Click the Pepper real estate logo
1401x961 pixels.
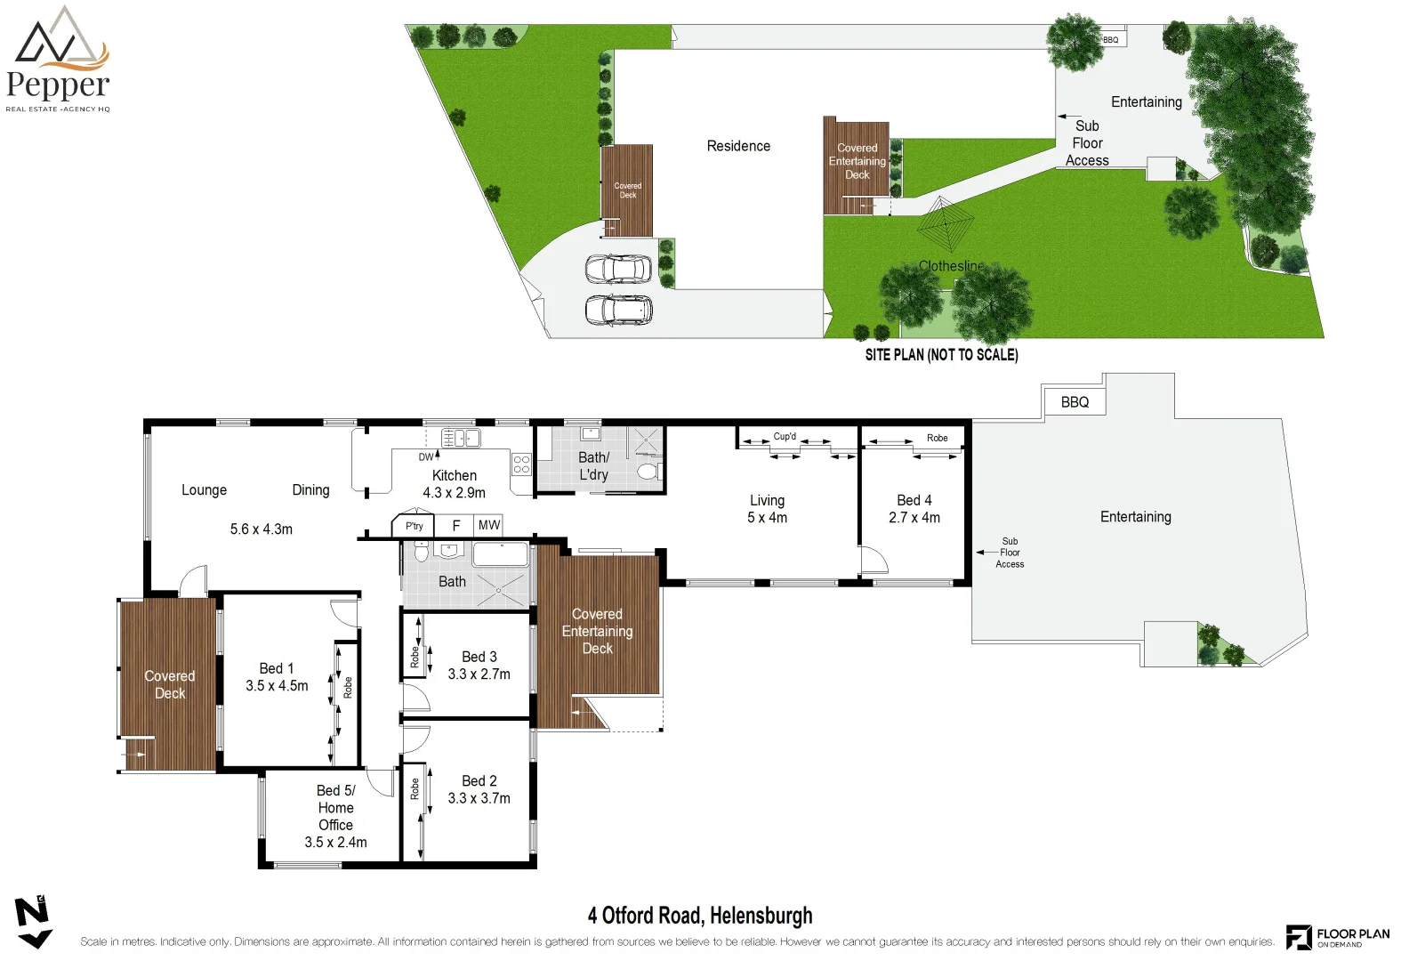[59, 61]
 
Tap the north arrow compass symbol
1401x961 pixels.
[33, 922]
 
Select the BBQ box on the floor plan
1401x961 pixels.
[1075, 402]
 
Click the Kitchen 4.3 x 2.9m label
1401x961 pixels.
[454, 484]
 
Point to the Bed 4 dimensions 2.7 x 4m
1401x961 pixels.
[914, 518]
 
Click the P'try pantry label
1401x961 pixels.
[414, 526]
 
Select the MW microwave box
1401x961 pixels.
[488, 525]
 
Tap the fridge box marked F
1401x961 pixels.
[456, 526]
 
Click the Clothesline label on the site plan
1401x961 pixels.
[951, 266]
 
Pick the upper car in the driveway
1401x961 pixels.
[618, 269]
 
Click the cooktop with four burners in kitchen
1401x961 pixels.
[521, 464]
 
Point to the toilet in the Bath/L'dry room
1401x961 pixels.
[649, 471]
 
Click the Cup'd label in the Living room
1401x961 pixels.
[785, 437]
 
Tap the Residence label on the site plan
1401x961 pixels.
[738, 146]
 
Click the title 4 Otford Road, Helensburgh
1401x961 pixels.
[700, 916]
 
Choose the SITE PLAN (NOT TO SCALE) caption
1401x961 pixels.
[941, 355]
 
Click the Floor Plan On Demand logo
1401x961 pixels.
[1337, 937]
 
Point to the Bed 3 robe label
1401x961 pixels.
[415, 657]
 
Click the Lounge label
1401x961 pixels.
[204, 490]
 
